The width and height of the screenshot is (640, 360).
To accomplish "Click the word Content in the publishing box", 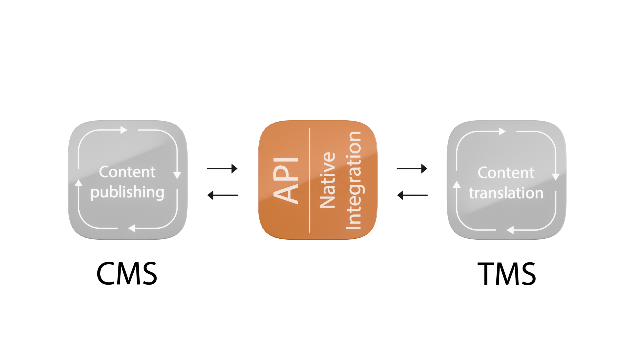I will pos(127,172).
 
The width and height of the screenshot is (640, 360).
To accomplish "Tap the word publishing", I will pos(127,193).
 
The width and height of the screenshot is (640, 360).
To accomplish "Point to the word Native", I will pos(327,180).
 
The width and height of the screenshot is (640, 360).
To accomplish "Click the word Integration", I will pos(353,180).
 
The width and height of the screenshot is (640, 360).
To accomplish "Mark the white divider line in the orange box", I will pos(310,180).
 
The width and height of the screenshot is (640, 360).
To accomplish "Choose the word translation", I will pos(506,193).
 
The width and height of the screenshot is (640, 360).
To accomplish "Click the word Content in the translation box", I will pos(506,173).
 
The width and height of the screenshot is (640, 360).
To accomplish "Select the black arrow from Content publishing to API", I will pos(222,169).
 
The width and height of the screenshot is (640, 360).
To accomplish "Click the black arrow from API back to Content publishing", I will pos(222,195).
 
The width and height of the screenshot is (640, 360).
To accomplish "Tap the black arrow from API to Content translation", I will pos(412,169).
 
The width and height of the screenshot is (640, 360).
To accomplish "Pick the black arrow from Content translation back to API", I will pos(412,195).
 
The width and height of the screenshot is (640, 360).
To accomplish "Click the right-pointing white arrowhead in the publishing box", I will pos(124,130).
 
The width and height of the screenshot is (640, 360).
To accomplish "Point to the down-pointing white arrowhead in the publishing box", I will pos(177,175).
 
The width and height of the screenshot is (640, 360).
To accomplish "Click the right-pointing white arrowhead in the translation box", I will pos(502,131).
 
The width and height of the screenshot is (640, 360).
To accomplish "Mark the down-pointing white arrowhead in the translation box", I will pos(556,177).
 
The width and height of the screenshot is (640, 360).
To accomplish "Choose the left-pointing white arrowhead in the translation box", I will pos(510,230).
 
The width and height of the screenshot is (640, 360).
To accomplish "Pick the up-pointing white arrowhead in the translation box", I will pos(457,184).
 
